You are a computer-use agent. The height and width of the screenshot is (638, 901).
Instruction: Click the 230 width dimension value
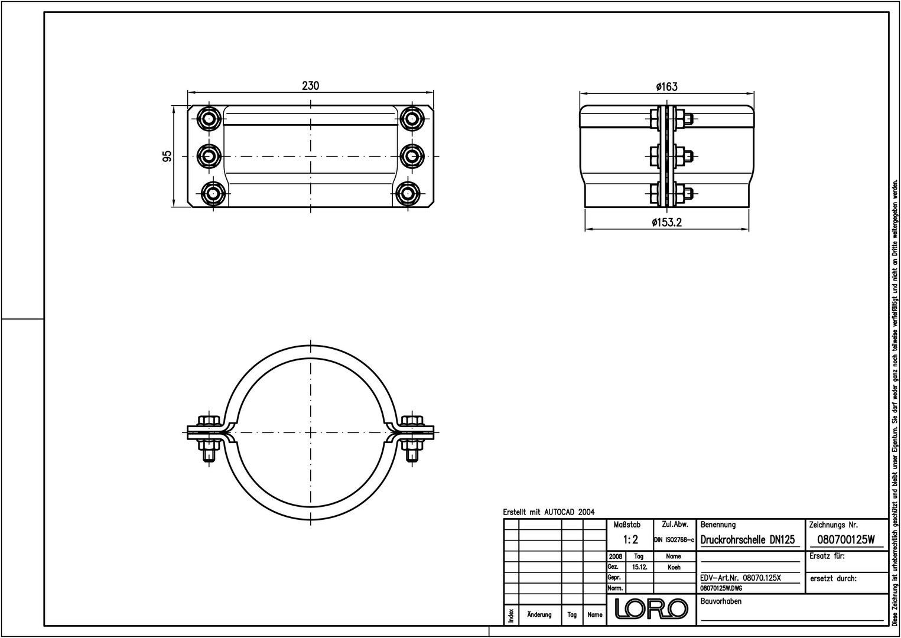click(x=311, y=86)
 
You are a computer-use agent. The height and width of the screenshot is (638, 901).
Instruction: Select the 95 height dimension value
click(x=167, y=156)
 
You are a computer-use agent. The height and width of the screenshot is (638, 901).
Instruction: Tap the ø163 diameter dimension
click(x=666, y=86)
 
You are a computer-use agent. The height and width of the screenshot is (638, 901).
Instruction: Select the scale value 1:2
click(x=630, y=539)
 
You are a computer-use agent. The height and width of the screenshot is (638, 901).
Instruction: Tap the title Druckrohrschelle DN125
click(x=747, y=539)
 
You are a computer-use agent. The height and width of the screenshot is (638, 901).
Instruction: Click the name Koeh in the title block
click(x=674, y=567)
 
